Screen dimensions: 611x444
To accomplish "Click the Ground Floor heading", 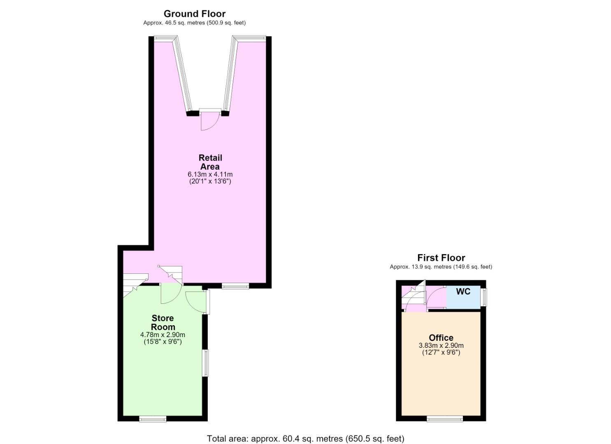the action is (x=195, y=14).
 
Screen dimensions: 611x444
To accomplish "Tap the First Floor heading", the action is (x=441, y=258).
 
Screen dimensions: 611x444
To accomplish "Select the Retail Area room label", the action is (x=210, y=162).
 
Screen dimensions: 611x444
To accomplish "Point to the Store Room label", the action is (x=163, y=322).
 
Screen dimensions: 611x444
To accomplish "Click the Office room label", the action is (x=441, y=338).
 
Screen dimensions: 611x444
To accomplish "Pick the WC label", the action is (x=463, y=291).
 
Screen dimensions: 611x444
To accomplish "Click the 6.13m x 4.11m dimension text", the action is (x=210, y=174).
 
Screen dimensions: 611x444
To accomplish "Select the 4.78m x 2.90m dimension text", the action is (x=163, y=335).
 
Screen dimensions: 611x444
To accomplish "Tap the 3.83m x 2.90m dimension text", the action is (x=441, y=346).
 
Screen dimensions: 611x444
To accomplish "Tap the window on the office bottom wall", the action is (x=445, y=419).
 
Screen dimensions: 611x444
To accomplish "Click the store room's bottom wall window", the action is (x=153, y=419).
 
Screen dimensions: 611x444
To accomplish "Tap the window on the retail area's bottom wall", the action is (x=235, y=286).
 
